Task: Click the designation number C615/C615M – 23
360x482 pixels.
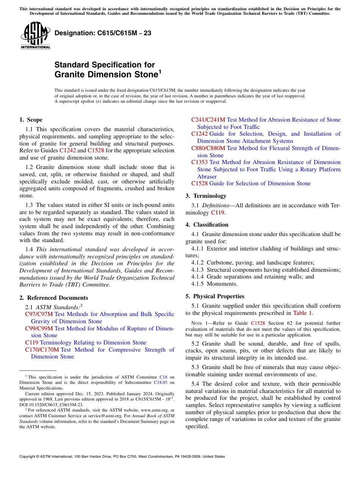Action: [103, 33]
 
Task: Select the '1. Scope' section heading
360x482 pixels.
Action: [31, 120]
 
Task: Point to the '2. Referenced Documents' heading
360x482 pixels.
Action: [53, 298]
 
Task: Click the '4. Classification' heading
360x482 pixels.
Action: [207, 225]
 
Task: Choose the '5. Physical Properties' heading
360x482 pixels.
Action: [214, 296]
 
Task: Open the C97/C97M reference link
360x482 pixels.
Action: [39, 314]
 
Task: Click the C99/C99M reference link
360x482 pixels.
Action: [39, 328]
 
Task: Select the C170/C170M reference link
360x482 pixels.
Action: [42, 349]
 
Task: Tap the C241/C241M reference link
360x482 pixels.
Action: [208, 120]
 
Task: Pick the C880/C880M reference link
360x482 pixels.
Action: [208, 148]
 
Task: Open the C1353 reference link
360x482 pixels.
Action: [199, 162]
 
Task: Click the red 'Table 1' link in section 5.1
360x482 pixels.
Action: [302, 313]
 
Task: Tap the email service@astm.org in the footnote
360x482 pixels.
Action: [110, 415]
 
